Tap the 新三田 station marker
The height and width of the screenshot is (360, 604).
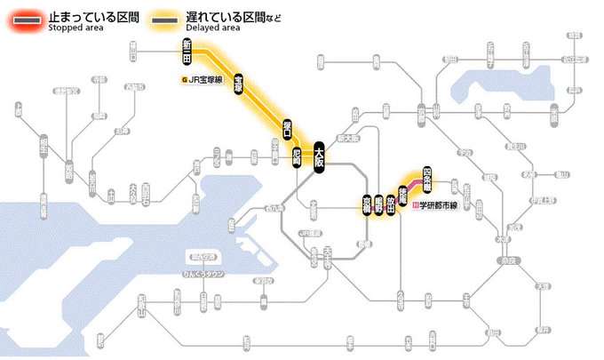(187, 51)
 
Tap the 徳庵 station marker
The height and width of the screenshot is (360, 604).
(403, 192)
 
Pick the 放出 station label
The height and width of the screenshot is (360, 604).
(391, 204)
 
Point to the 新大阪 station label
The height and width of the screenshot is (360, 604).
(349, 139)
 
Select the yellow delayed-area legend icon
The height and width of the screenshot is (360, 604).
(163, 20)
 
